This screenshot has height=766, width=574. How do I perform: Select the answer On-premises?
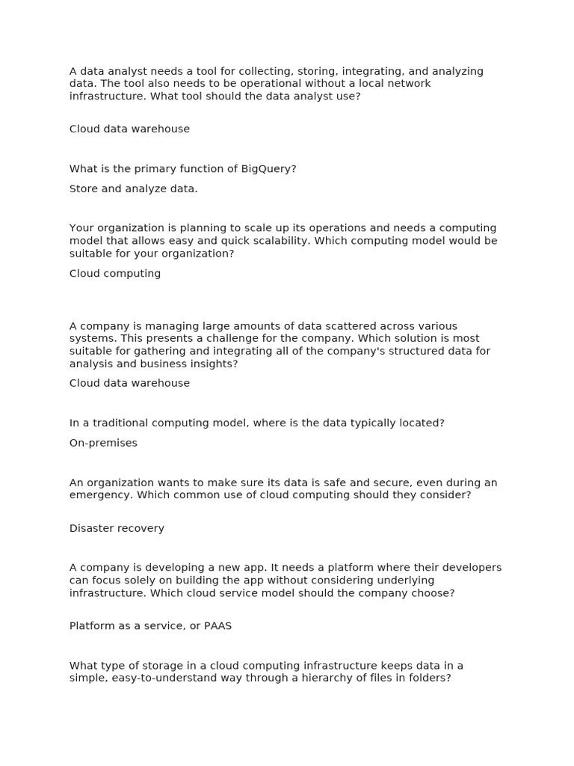tap(103, 443)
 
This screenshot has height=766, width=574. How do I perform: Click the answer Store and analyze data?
tap(133, 189)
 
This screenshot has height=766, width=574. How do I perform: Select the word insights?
tap(209, 364)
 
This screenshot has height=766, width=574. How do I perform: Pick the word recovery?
tap(141, 528)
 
